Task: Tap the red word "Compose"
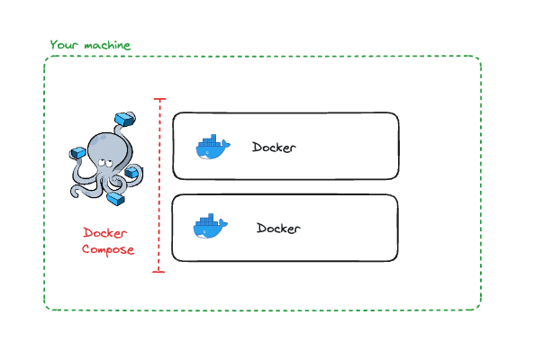pyautogui.click(x=108, y=249)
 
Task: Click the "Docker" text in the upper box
pyautogui.click(x=275, y=148)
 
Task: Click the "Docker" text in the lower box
pyautogui.click(x=278, y=229)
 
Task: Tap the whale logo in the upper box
pyautogui.click(x=213, y=148)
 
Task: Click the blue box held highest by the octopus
pyautogui.click(x=123, y=119)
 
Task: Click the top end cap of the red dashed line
pyautogui.click(x=160, y=100)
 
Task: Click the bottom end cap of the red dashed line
pyautogui.click(x=160, y=270)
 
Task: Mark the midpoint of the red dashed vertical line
pyautogui.click(x=160, y=184)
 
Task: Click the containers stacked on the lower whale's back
pyautogui.click(x=206, y=220)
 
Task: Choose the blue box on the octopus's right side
pyautogui.click(x=131, y=173)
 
